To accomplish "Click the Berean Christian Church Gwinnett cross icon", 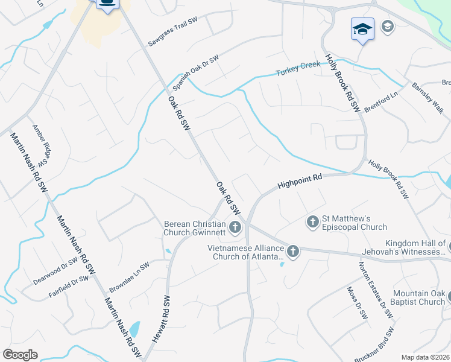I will (235, 227).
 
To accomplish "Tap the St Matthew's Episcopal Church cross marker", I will (312, 222).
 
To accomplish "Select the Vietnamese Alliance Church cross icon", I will (293, 252).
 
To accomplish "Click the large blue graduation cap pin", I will (363, 29).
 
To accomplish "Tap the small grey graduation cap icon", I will (386, 26).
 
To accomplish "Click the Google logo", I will (20, 355).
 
